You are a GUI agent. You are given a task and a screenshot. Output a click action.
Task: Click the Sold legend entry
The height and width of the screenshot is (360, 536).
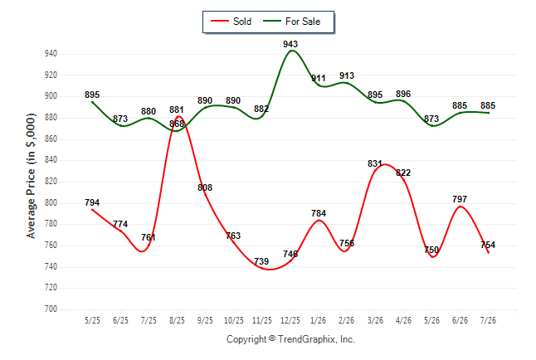point(231,22)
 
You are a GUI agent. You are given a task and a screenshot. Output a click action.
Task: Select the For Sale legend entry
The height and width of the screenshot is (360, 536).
point(291,22)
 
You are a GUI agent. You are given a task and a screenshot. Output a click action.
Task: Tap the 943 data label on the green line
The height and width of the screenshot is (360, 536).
point(290,44)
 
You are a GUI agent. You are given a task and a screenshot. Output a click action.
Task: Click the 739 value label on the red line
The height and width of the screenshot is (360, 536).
point(261,261)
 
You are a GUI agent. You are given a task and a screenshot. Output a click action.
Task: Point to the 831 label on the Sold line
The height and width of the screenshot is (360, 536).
point(375,163)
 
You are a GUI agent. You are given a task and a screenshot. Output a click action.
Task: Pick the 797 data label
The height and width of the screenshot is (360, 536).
point(460,199)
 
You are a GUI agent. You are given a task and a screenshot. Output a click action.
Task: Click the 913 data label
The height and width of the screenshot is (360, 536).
point(347,75)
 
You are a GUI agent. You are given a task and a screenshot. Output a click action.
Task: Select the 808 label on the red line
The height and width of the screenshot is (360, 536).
point(205,187)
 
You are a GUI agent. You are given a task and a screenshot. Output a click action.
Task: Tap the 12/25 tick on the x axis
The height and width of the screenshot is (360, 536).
point(290,321)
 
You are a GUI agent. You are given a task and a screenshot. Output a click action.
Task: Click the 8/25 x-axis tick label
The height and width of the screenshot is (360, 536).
point(177,321)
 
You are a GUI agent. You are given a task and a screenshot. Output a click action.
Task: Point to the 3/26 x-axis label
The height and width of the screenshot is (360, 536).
point(375,321)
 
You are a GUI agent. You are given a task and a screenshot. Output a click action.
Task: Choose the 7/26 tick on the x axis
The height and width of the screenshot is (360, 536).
point(488,321)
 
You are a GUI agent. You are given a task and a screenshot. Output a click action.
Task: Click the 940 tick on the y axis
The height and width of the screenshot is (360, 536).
point(51,54)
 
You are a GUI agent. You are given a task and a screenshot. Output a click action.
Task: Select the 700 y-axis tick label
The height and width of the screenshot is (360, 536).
point(51,309)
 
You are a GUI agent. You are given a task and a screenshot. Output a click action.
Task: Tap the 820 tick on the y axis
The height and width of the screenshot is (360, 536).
point(51,182)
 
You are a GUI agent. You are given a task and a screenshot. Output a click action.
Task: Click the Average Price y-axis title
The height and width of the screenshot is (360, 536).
point(31,176)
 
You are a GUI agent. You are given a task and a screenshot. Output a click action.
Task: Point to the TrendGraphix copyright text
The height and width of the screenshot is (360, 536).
point(290,339)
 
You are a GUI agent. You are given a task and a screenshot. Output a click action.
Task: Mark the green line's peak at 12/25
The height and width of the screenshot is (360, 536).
point(291,51)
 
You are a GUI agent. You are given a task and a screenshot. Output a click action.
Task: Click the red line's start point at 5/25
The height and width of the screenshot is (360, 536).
point(92,210)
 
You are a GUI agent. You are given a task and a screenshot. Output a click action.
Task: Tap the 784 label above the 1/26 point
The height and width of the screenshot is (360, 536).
point(319,213)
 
